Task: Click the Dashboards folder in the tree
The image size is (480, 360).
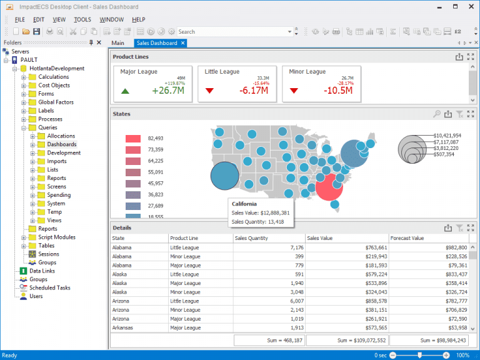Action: tap(61, 144)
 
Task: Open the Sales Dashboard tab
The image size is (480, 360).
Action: tap(157, 43)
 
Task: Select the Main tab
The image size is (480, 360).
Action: tap(118, 43)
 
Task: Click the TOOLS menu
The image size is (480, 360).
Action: tap(82, 19)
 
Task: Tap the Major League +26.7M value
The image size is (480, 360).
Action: tap(167, 91)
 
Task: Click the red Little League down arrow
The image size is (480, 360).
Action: tap(209, 91)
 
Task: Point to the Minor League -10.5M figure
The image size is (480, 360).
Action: tap(338, 91)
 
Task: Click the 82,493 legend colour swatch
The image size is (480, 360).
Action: tap(133, 138)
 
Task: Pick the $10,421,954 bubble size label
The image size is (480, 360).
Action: tap(447, 136)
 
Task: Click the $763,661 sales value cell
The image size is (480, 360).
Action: tap(371, 247)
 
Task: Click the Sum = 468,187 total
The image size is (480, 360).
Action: tap(269, 340)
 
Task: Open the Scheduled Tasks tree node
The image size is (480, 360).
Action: tap(49, 288)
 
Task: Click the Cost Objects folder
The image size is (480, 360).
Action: tap(54, 86)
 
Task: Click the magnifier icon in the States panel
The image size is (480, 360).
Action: tap(436, 114)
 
